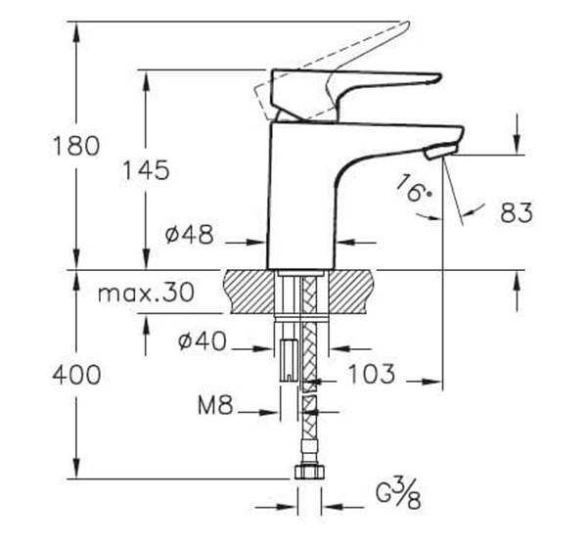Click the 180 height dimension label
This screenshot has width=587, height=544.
point(77,146)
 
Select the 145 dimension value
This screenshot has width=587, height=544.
point(146,169)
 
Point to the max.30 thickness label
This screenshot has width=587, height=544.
point(146,292)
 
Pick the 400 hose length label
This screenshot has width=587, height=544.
point(77,374)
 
